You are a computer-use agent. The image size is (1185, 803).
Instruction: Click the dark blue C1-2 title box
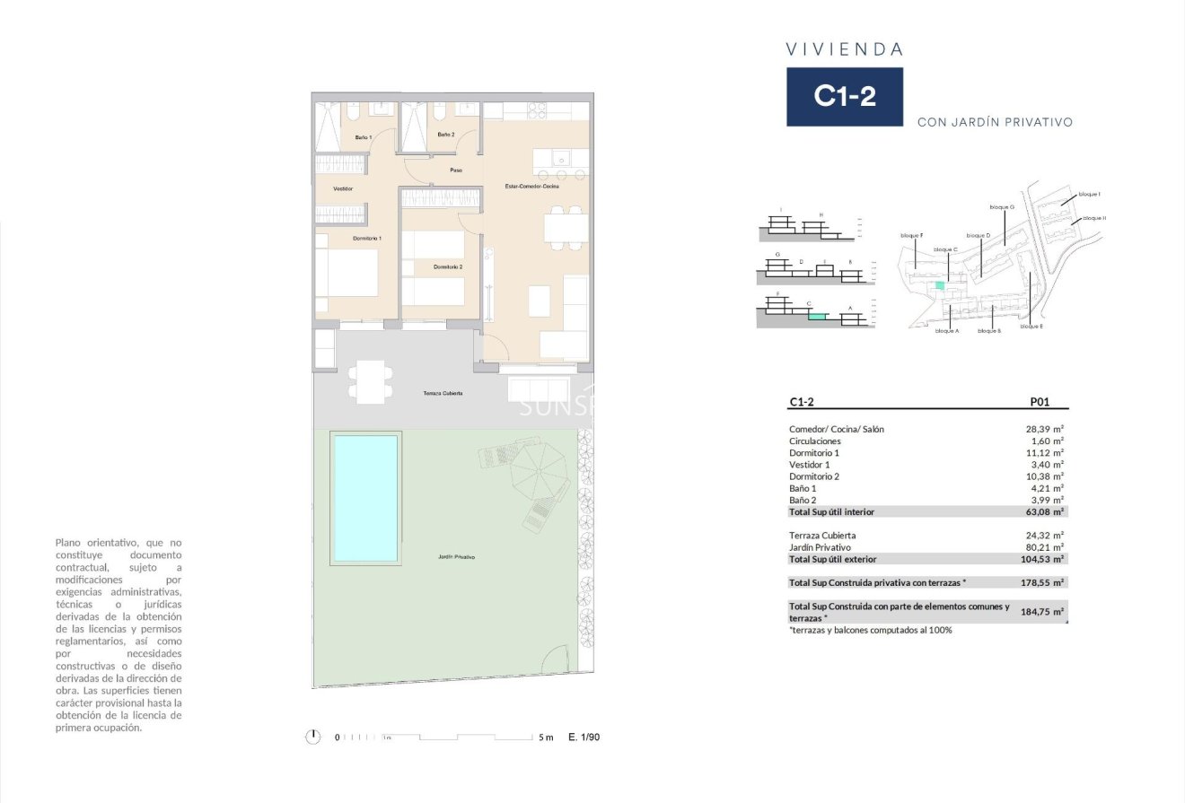844,97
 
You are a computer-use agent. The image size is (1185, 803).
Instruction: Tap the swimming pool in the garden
364,497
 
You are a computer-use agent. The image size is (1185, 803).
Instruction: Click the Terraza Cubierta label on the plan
443,393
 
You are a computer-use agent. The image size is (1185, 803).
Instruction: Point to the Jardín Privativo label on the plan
456,557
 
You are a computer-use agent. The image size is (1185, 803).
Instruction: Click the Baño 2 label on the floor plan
446,135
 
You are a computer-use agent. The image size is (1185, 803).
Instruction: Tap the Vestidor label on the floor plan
343,189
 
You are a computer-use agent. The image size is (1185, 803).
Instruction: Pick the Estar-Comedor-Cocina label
532,187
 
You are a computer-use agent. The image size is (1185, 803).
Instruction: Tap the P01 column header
1039,403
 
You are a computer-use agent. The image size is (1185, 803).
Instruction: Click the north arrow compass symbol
312,737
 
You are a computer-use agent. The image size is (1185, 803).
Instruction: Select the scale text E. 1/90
584,738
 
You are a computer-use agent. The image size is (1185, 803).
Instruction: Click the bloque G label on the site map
1002,207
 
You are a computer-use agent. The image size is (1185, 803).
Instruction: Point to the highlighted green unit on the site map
940,285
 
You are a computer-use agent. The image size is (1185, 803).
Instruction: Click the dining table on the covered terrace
371,381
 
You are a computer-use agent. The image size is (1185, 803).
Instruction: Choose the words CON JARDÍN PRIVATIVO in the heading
995,122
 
